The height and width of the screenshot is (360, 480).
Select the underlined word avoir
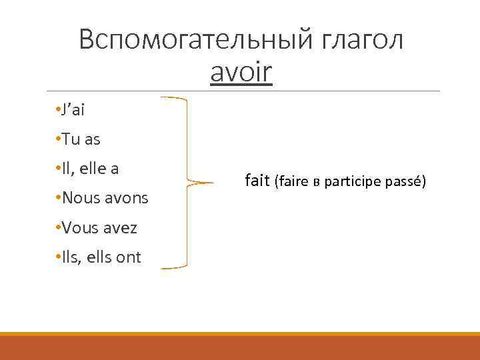pyautogui.click(x=241, y=73)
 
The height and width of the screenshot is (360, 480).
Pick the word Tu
pyautogui.click(x=72, y=139)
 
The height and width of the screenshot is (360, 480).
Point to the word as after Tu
pyautogui.click(x=92, y=139)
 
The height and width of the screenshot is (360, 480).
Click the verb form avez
pyautogui.click(x=122, y=228)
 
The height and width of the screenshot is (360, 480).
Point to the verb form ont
pyautogui.click(x=129, y=257)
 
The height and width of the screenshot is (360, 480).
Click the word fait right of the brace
pyautogui.click(x=257, y=180)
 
